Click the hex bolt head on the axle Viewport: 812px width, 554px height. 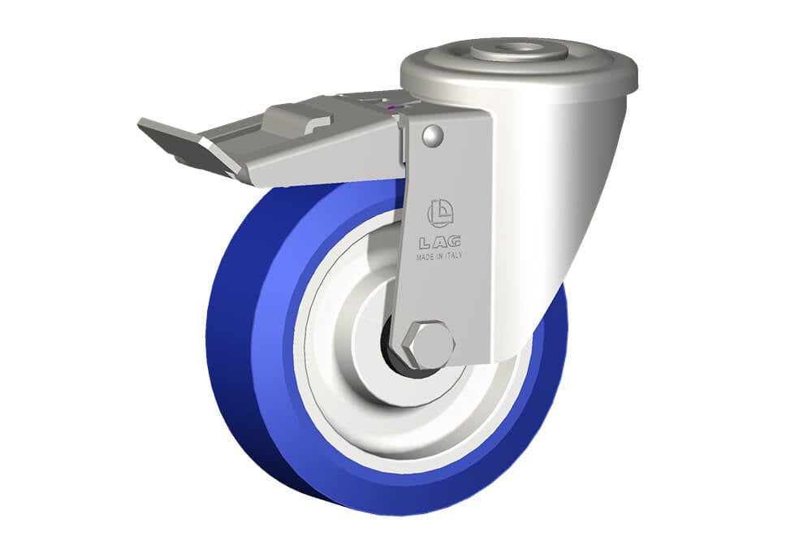[429, 345]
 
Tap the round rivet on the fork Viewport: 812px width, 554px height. [433, 136]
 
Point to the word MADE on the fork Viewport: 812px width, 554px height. [425, 257]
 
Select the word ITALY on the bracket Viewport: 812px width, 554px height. [453, 256]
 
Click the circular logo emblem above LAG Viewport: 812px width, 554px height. [440, 214]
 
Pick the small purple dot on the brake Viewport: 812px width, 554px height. [392, 108]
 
